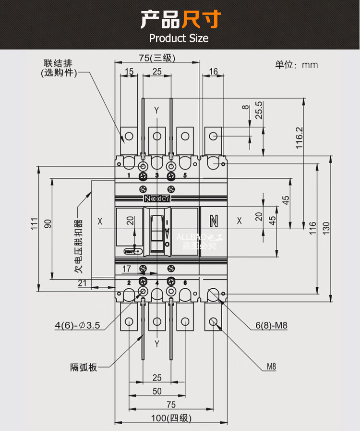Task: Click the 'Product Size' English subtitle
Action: pos(179,38)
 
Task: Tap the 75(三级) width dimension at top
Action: pos(157,58)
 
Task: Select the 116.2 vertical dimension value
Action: pos(299,138)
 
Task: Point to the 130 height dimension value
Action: pos(326,227)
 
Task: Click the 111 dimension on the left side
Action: pos(34,223)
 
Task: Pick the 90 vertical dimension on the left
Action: pos(48,223)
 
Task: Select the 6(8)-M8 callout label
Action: pos(271,325)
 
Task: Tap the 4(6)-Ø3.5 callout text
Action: pos(77,325)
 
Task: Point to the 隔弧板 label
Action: pos(84,368)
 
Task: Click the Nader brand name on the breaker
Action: pos(157,199)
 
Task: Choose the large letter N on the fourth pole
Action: pos(214,221)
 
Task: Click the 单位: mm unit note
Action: pos(296,65)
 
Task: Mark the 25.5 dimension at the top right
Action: pos(259,110)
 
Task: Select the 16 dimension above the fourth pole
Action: pos(214,72)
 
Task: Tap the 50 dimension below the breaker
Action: pos(157,391)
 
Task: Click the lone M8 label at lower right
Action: pos(271,368)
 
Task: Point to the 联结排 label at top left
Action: pos(54,63)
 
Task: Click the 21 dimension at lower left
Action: pos(83,283)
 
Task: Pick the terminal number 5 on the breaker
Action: pos(185,175)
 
